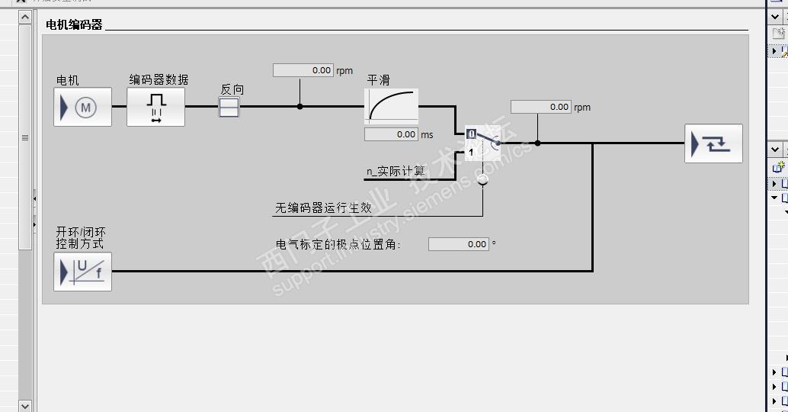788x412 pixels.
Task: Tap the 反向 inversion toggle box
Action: click(x=229, y=108)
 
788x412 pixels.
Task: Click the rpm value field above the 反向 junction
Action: click(x=303, y=70)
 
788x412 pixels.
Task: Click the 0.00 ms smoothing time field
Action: click(x=391, y=134)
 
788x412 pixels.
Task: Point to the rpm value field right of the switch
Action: click(x=541, y=107)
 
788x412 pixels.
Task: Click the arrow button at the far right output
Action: click(x=713, y=143)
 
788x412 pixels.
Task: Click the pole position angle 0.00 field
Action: click(x=458, y=244)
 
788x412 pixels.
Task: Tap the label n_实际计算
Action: click(x=396, y=172)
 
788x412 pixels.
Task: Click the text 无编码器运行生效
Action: click(x=323, y=208)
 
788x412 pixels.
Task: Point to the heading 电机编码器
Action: click(x=74, y=24)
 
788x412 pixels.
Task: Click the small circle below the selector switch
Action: click(x=482, y=180)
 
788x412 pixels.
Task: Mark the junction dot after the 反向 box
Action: click(x=300, y=107)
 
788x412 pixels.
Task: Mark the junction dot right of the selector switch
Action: click(x=537, y=143)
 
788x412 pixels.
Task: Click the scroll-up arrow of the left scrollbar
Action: click(x=24, y=16)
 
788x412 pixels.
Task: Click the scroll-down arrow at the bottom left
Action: click(x=24, y=406)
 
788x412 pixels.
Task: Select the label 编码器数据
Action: click(x=159, y=79)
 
